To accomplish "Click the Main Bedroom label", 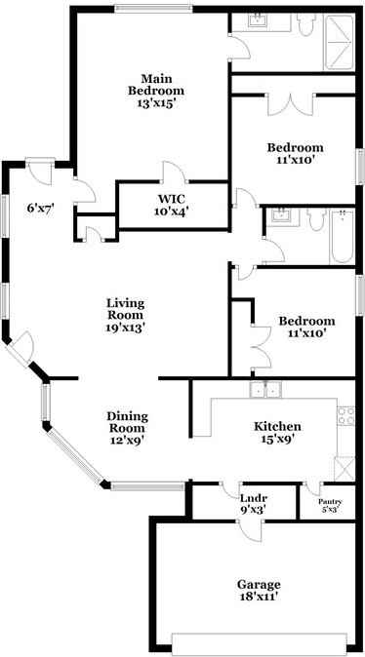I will click(150, 90).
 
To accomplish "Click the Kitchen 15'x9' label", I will click(276, 432).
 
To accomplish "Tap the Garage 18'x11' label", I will click(258, 591).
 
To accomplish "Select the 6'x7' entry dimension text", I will click(38, 207).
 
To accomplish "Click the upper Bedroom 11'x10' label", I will click(295, 153).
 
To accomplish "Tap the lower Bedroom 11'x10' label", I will click(306, 327).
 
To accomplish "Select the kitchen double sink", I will click(264, 390).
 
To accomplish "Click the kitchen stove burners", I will click(345, 417).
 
